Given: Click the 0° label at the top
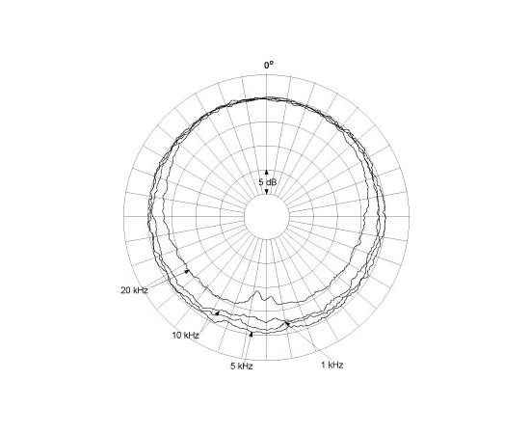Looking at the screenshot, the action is pyautogui.click(x=269, y=65).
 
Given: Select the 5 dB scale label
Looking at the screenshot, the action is pyautogui.click(x=268, y=182).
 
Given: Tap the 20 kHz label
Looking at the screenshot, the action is pyautogui.click(x=134, y=290).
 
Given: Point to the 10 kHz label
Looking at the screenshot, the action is pyautogui.click(x=186, y=336).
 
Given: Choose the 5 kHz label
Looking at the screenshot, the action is pyautogui.click(x=242, y=366).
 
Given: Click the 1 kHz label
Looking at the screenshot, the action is pyautogui.click(x=331, y=365).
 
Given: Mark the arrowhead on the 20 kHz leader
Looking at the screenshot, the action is pyautogui.click(x=186, y=271).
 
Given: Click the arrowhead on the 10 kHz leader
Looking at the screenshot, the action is pyautogui.click(x=217, y=312).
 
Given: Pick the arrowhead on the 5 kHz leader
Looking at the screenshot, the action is pyautogui.click(x=251, y=335).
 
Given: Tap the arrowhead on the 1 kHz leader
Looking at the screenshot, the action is pyautogui.click(x=287, y=324).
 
